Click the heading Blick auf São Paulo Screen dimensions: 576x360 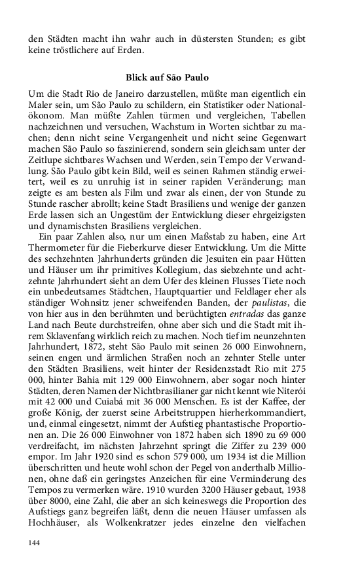click(x=166, y=77)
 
